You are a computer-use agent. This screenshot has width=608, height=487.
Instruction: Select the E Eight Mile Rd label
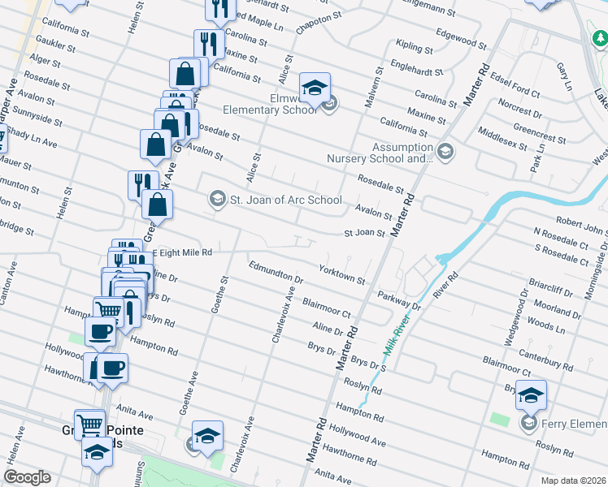184,252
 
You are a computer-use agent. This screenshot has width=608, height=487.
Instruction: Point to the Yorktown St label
341,274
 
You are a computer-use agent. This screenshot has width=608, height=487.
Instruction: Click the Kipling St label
411,45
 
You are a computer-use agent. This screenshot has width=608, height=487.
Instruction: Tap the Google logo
27,477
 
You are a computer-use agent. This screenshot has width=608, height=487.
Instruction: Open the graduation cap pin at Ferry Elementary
530,396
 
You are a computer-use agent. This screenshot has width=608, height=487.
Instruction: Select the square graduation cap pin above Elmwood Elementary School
315,87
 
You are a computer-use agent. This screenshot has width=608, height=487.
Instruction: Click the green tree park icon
598,37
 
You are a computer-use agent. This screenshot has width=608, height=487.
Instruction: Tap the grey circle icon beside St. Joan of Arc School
217,197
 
